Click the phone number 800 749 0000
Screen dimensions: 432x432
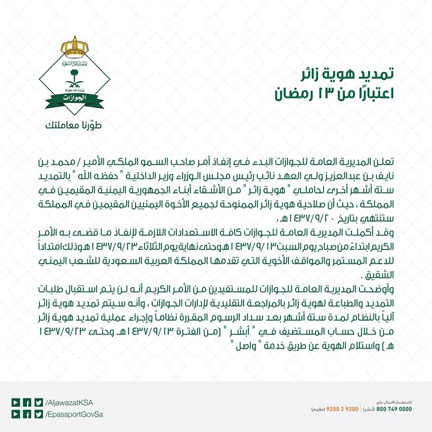[395, 409]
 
